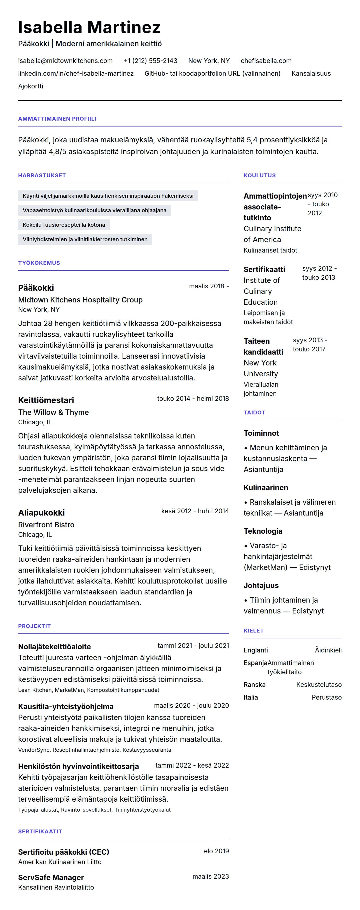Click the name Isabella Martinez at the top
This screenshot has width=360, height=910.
(89, 27)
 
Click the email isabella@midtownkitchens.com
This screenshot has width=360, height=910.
(65, 61)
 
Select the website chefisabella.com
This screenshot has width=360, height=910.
(266, 61)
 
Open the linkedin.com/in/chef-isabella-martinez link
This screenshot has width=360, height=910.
(75, 73)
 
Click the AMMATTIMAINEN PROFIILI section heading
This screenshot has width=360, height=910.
(57, 119)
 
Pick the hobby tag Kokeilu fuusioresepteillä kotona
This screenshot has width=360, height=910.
(64, 225)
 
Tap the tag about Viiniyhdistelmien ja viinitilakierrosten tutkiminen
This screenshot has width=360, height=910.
(85, 239)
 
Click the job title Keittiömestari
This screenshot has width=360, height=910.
(46, 400)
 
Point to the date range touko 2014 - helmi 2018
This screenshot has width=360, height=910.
(193, 399)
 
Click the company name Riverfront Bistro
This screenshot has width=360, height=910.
(46, 525)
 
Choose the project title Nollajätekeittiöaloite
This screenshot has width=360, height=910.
(54, 647)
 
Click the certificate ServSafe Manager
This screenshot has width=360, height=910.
(51, 878)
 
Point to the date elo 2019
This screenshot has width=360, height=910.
(216, 851)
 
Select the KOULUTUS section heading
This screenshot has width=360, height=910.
(259, 175)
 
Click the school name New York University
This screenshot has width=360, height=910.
(261, 368)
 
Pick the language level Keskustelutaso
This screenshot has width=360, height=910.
(319, 685)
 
